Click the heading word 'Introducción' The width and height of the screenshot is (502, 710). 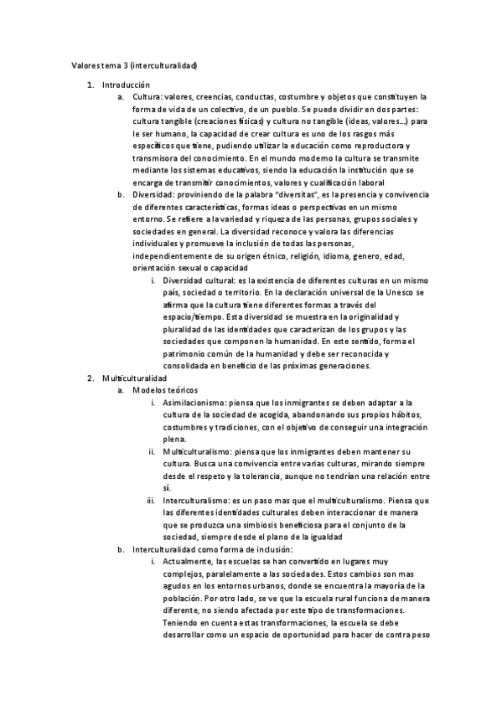tap(126, 85)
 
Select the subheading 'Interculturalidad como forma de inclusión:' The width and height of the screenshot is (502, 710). tap(212, 549)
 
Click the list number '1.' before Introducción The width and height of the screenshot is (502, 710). tap(91, 85)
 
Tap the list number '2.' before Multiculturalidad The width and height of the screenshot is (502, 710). tap(91, 378)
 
